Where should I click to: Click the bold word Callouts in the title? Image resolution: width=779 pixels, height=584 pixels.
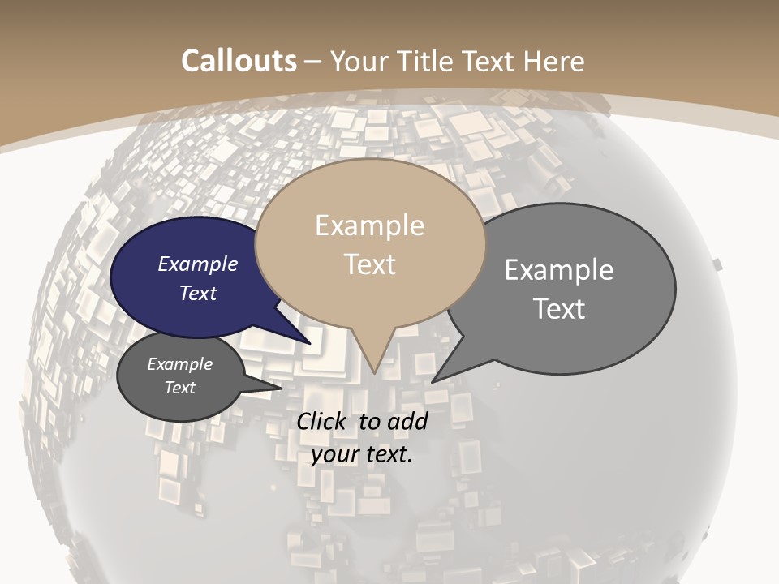click(x=239, y=61)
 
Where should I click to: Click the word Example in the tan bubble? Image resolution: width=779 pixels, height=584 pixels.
click(x=369, y=225)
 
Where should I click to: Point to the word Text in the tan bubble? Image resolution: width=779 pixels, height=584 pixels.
click(x=370, y=264)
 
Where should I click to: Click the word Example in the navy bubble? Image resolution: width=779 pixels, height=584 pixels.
click(x=198, y=264)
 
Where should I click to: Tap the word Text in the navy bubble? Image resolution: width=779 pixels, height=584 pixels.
click(x=198, y=293)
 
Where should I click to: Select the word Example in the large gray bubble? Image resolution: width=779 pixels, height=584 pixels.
click(x=559, y=270)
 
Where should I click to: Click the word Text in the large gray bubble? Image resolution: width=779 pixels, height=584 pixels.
click(x=559, y=309)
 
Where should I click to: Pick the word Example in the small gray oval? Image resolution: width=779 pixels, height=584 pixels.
click(x=180, y=364)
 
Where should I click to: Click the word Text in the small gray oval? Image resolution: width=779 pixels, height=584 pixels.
click(x=180, y=388)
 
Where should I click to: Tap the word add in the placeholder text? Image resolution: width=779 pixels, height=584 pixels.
click(x=407, y=421)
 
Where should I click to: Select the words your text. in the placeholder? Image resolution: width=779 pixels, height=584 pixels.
click(x=362, y=454)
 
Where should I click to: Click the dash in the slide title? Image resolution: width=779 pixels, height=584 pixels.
click(x=313, y=62)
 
